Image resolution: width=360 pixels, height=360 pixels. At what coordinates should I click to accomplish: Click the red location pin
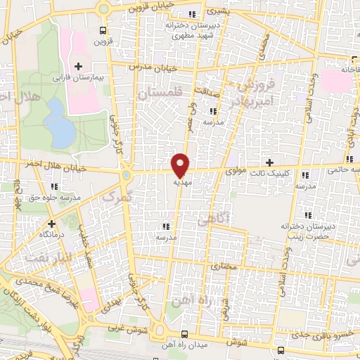[180, 165]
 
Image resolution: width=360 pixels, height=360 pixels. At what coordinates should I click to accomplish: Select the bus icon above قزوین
[103, 30]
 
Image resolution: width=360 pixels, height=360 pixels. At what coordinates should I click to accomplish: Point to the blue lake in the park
[60, 124]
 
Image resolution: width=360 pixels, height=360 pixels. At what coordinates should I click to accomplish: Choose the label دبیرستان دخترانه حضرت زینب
[307, 231]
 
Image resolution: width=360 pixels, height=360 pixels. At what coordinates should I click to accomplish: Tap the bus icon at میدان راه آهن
[184, 334]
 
